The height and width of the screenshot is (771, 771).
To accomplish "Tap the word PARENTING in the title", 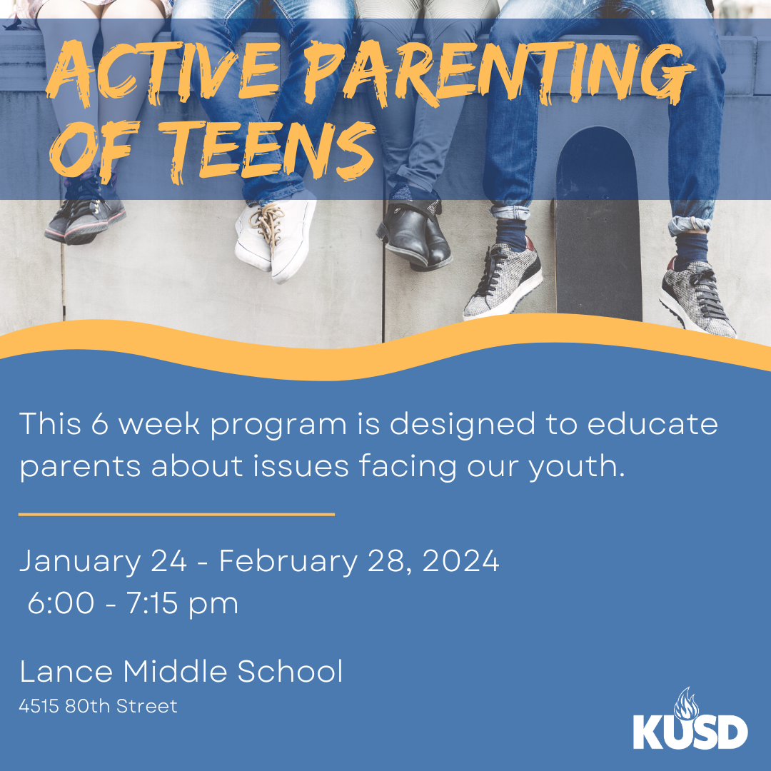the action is click(x=499, y=74).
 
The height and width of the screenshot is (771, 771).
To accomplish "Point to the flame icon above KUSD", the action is click(x=687, y=704).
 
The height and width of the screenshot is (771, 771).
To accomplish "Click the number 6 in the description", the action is click(x=99, y=424).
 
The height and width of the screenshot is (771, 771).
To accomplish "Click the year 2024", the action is click(x=460, y=560).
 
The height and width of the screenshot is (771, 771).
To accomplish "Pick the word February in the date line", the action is click(x=288, y=562).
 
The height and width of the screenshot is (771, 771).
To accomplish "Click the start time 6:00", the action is click(x=61, y=603).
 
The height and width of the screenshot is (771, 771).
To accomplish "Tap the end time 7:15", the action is click(x=153, y=603).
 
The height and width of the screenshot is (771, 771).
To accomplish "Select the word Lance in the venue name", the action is click(x=66, y=671).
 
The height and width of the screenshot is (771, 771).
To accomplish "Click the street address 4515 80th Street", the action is click(x=98, y=706).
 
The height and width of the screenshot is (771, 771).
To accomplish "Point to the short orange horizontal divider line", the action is click(x=176, y=514).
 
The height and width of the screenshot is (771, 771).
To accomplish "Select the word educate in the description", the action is click(x=652, y=424).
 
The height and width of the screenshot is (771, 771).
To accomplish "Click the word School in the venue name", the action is click(x=290, y=671).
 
